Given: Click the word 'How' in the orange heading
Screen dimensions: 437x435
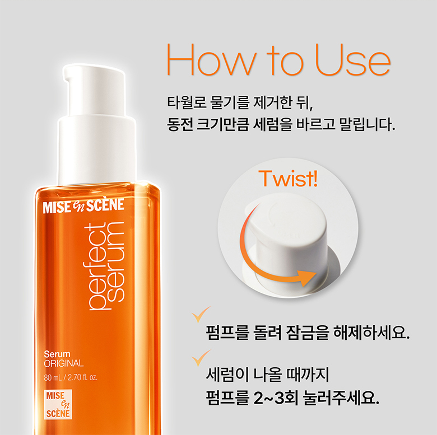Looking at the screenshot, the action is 212,59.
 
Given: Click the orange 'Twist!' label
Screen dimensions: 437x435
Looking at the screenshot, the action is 288,178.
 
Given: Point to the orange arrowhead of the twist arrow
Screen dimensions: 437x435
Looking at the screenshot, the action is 307,277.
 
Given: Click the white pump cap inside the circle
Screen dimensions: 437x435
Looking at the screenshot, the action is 290,240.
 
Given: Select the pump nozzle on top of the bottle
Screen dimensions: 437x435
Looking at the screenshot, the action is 94,91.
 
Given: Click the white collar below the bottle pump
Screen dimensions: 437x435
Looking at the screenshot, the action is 97,151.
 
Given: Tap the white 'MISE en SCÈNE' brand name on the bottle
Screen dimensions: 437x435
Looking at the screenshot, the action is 83,205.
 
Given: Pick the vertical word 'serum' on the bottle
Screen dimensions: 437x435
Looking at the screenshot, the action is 115,262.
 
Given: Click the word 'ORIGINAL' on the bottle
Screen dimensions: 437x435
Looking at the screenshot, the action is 63,363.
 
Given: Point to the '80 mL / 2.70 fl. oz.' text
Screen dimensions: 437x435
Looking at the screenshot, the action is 71,377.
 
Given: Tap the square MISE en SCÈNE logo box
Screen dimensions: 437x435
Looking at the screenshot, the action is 58,404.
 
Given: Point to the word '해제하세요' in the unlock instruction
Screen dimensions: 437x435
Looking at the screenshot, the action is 371,333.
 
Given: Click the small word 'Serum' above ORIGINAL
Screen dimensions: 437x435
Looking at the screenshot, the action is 57,354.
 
